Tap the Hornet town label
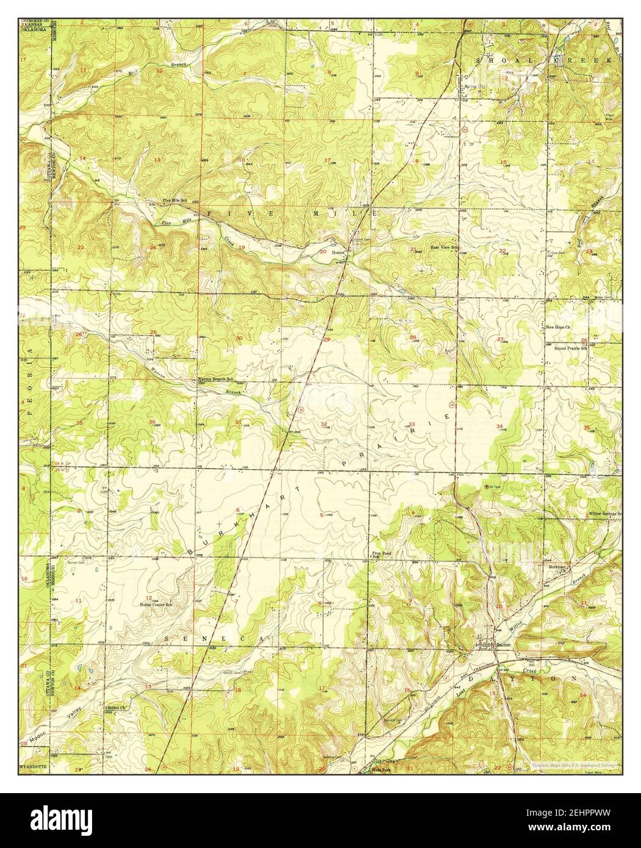click(338, 251)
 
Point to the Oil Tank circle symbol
click(486, 486)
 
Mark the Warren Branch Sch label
click(213, 379)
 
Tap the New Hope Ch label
click(557, 328)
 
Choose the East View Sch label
click(445, 247)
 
